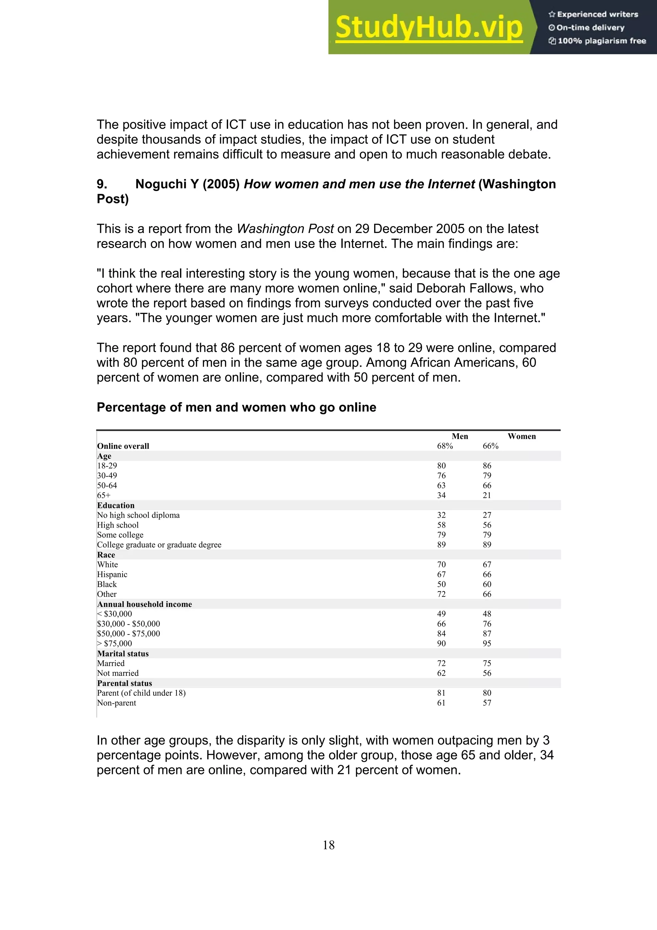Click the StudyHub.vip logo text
pos(429,27)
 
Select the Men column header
pos(460,436)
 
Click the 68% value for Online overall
pos(445,446)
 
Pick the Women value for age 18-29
pos(487,466)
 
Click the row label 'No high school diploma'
pos(139,515)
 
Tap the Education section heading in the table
pos(116,505)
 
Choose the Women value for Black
pos(487,584)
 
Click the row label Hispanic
pos(112,574)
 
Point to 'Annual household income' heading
pos(144,604)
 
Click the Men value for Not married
pos(441,673)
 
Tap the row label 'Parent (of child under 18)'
pos(141,693)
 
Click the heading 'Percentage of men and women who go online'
pos(236,407)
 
